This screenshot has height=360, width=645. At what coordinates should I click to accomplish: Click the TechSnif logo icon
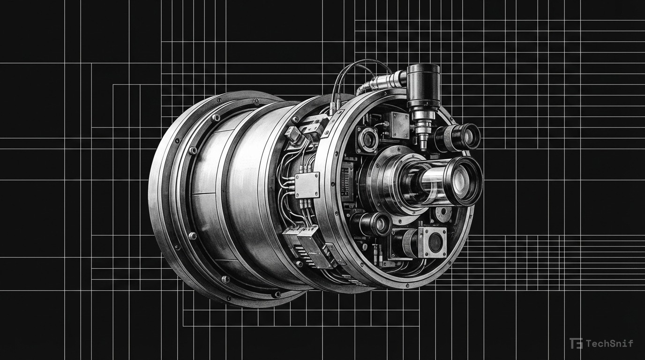[x=576, y=344]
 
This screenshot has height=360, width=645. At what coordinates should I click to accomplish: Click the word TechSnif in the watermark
[x=609, y=344]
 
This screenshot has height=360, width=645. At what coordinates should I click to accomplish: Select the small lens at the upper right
[x=468, y=136]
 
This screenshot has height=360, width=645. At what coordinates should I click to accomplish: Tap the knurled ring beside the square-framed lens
[x=410, y=243]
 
